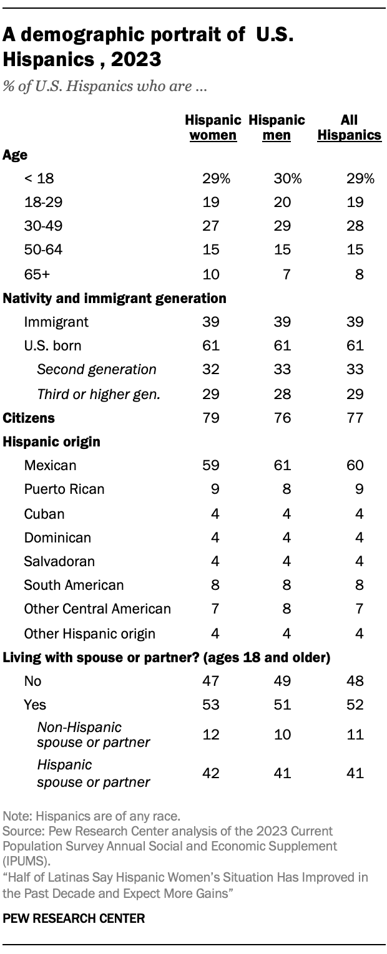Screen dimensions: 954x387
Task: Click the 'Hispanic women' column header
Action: click(x=213, y=127)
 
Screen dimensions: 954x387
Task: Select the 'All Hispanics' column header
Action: click(x=349, y=127)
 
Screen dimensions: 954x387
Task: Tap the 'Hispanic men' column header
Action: click(x=277, y=127)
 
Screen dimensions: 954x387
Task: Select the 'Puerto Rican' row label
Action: click(x=64, y=489)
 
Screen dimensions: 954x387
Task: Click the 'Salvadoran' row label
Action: click(x=59, y=561)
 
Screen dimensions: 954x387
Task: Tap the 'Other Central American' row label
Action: click(x=97, y=609)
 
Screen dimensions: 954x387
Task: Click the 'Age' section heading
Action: click(x=15, y=155)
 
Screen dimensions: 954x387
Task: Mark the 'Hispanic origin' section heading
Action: click(x=43, y=441)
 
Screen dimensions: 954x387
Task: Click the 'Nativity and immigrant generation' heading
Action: click(x=114, y=298)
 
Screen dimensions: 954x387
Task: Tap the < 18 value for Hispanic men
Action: click(x=288, y=179)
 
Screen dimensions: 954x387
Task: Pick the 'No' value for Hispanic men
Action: click(x=283, y=681)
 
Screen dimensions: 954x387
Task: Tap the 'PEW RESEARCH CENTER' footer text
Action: click(x=74, y=918)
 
